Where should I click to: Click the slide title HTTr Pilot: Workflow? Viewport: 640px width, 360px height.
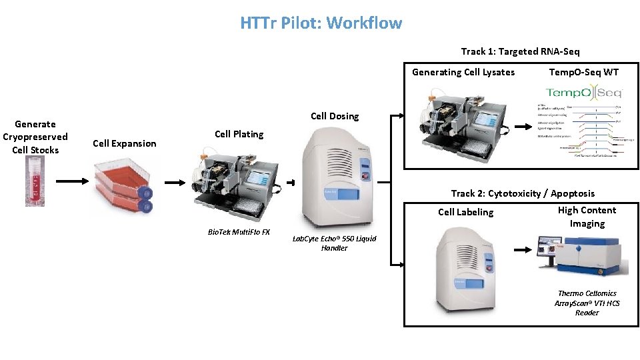(321, 23)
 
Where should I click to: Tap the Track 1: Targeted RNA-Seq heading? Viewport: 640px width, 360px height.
(520, 51)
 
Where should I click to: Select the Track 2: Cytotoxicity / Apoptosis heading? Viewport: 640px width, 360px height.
(523, 193)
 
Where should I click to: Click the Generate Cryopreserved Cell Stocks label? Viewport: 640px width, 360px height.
(35, 137)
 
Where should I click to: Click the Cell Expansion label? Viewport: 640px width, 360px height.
(125, 143)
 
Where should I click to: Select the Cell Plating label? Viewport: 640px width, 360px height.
(239, 134)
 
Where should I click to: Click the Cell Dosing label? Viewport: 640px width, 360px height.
(335, 116)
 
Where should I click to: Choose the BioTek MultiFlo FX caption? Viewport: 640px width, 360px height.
(238, 232)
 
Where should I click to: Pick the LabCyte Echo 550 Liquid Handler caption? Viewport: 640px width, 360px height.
(334, 243)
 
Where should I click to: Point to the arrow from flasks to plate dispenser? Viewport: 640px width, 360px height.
(175, 182)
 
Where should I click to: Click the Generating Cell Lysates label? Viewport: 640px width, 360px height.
(463, 72)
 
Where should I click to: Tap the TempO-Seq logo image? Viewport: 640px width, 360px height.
(583, 93)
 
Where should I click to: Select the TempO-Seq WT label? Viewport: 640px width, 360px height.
(584, 72)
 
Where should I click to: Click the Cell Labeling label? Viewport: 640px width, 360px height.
(466, 212)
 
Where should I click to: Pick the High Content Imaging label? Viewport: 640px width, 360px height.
(587, 217)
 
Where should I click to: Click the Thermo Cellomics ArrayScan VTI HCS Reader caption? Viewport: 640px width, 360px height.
(587, 303)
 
